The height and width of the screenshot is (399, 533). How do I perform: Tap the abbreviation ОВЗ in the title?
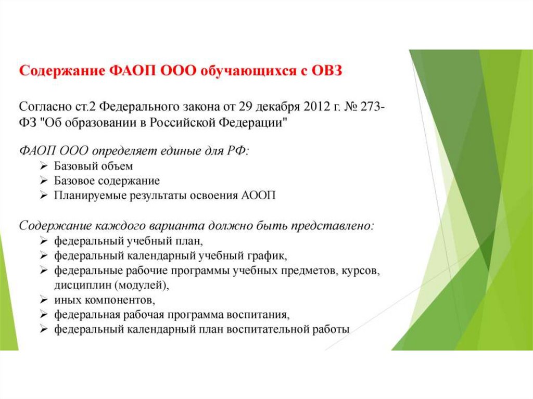click(x=327, y=71)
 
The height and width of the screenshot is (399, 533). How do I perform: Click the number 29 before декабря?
click(x=245, y=107)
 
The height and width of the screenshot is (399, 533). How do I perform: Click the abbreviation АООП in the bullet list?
click(x=258, y=196)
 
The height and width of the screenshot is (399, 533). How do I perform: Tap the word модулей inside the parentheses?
click(x=140, y=286)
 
